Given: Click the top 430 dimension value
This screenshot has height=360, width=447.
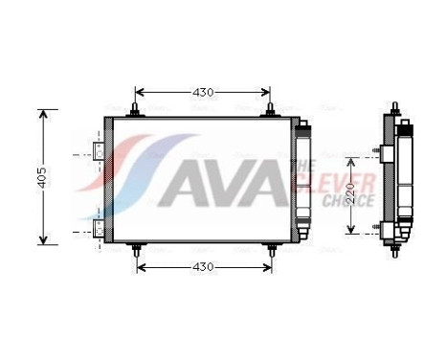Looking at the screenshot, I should point(203,93).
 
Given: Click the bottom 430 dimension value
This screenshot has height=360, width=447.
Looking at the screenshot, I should point(203,265).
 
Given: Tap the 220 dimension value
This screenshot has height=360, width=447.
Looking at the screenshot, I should point(351,192).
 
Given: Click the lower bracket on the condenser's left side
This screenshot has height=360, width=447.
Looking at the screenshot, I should point(100,229).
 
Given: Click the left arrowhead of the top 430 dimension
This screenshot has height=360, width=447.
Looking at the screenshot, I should point(140,93).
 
